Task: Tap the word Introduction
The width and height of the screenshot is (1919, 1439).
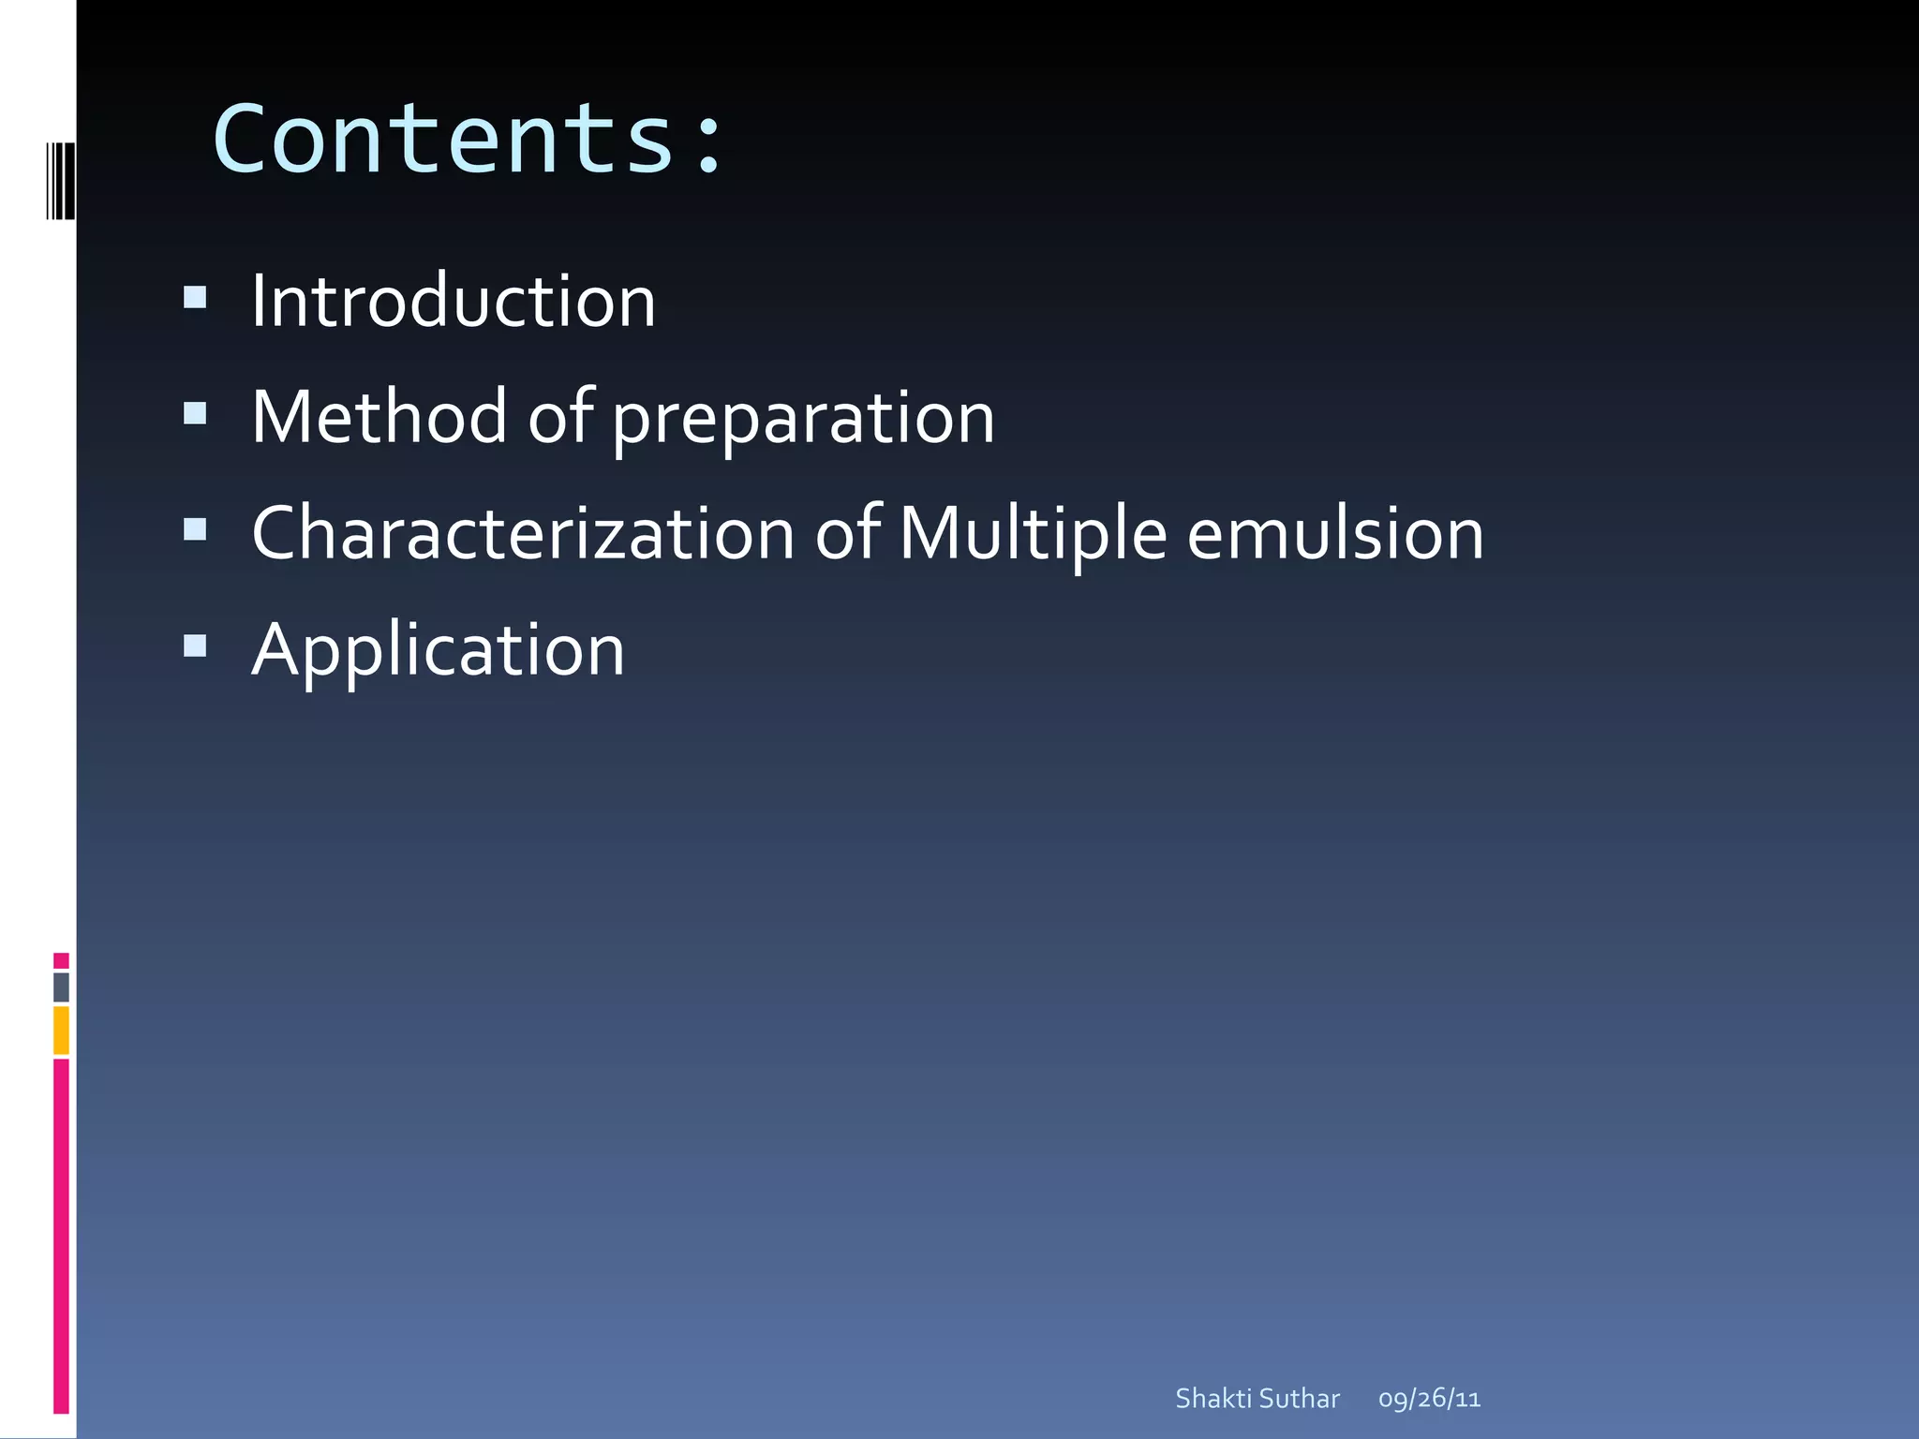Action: click(x=454, y=302)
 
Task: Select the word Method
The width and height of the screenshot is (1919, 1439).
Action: click(x=379, y=417)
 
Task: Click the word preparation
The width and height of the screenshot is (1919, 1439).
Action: click(x=803, y=420)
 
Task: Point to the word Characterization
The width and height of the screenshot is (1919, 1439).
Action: click(x=523, y=534)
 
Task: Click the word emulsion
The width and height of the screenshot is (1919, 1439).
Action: click(x=1335, y=534)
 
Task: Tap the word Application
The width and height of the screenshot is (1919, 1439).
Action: click(x=438, y=651)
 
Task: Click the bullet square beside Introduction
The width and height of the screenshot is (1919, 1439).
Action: click(x=195, y=298)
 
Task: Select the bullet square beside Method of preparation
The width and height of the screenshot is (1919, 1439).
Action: click(x=195, y=413)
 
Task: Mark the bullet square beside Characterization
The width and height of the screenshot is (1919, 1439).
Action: click(x=195, y=530)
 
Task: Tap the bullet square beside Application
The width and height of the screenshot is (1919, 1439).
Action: click(x=195, y=645)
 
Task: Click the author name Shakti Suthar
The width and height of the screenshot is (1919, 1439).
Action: click(x=1257, y=1399)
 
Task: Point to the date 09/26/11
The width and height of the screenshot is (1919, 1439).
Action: click(x=1429, y=1399)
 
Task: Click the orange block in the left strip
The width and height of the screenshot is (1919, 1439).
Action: click(x=61, y=1030)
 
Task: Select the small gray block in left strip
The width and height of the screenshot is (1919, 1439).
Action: click(x=61, y=987)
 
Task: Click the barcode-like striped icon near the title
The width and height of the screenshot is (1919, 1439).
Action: click(x=60, y=181)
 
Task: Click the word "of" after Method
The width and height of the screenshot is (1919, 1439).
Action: click(x=559, y=417)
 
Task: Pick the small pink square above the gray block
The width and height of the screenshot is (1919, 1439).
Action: click(x=61, y=960)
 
